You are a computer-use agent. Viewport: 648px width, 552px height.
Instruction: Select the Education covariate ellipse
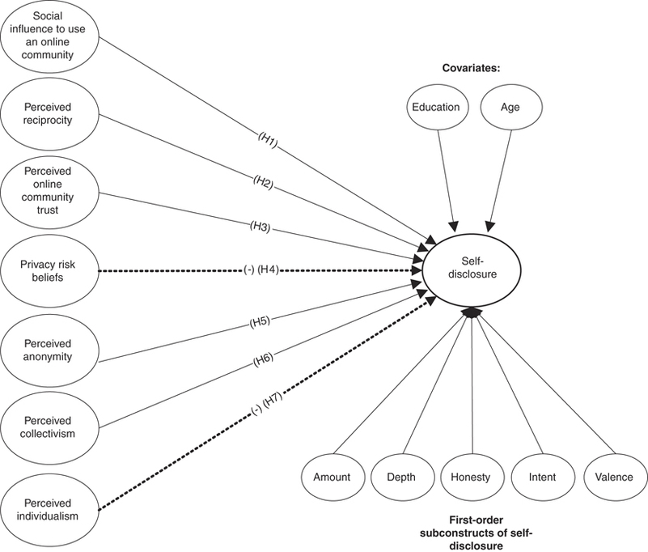coord(435,107)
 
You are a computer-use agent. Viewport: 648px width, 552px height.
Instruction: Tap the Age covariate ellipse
coord(510,107)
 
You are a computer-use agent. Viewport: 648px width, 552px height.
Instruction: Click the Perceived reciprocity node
coord(48,113)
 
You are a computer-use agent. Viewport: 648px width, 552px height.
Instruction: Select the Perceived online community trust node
coord(48,191)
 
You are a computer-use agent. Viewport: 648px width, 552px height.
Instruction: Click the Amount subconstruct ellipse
coord(332,477)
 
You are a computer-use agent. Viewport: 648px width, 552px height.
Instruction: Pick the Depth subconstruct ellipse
coord(402,477)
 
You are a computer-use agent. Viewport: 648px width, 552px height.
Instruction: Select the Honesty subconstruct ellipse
coord(472,477)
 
